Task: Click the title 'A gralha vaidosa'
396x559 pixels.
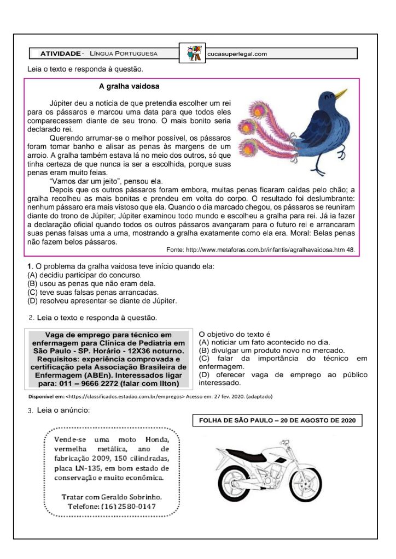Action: (129, 86)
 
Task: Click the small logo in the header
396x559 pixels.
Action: (193, 53)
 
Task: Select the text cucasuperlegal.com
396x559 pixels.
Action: (237, 54)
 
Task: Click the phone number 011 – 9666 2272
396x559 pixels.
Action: (89, 383)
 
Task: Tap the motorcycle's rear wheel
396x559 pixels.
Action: (226, 483)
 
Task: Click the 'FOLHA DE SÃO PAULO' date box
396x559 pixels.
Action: (277, 420)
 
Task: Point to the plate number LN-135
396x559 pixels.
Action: (91, 468)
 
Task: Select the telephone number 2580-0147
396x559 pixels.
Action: (128, 507)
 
